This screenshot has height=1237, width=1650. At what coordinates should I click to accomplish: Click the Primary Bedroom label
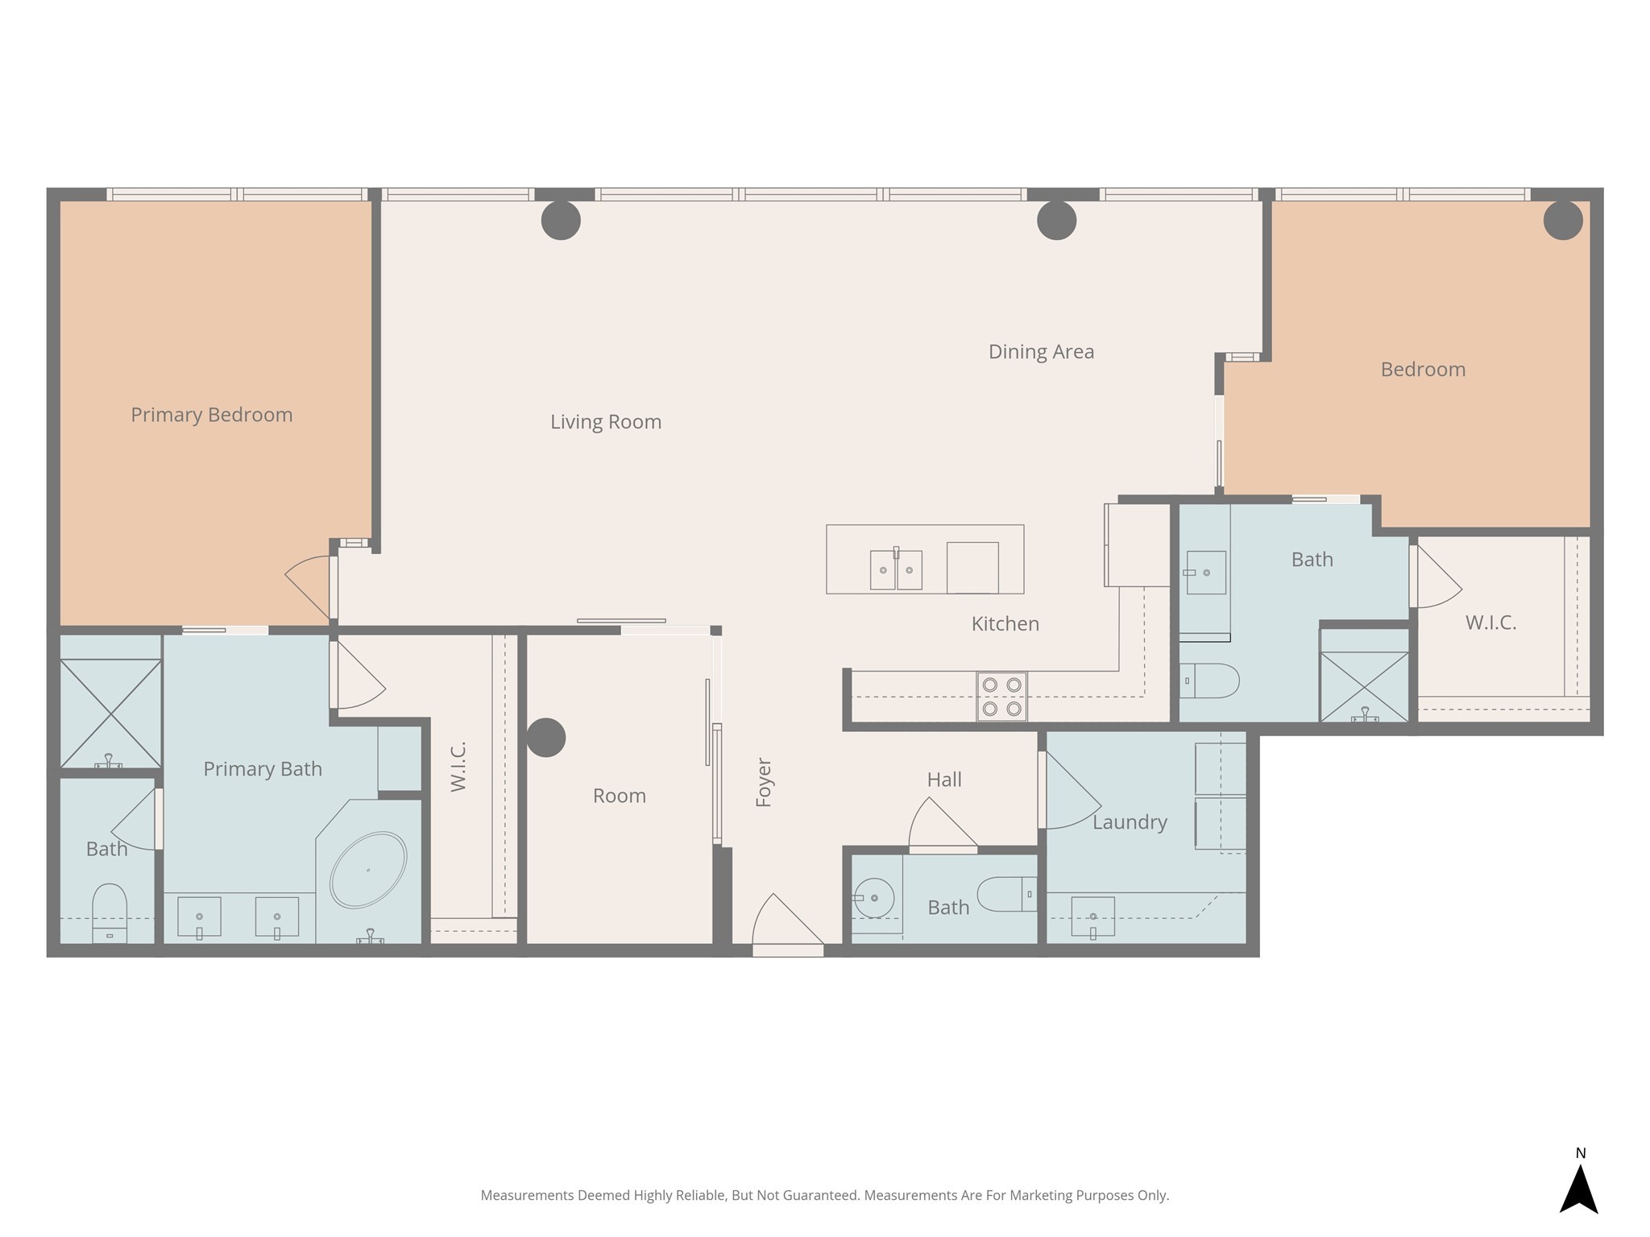[212, 415]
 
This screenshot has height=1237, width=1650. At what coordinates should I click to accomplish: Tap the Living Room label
[606, 422]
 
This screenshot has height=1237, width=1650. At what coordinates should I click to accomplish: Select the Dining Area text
[1041, 352]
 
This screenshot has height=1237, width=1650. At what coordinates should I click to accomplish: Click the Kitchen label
[1005, 623]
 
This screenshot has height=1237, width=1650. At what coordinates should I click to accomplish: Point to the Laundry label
[1130, 822]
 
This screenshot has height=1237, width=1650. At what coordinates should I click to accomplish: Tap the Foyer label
[764, 782]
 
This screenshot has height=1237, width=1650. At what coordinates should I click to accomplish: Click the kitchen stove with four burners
[1001, 696]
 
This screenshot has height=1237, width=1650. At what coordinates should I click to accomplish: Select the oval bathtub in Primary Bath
[368, 870]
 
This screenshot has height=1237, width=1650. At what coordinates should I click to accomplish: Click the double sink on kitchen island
[896, 569]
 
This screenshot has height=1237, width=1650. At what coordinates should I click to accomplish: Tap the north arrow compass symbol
[1579, 1189]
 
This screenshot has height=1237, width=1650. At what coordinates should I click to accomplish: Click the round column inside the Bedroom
[1563, 220]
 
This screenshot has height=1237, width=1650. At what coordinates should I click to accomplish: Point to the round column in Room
[545, 738]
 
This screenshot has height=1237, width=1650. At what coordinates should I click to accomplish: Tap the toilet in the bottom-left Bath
[110, 912]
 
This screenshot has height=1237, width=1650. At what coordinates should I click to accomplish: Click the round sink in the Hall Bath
[874, 898]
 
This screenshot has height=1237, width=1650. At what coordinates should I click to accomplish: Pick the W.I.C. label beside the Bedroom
[1490, 623]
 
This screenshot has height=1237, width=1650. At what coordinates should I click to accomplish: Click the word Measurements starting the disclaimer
[527, 1195]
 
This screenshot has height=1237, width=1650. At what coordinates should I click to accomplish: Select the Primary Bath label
[263, 769]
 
